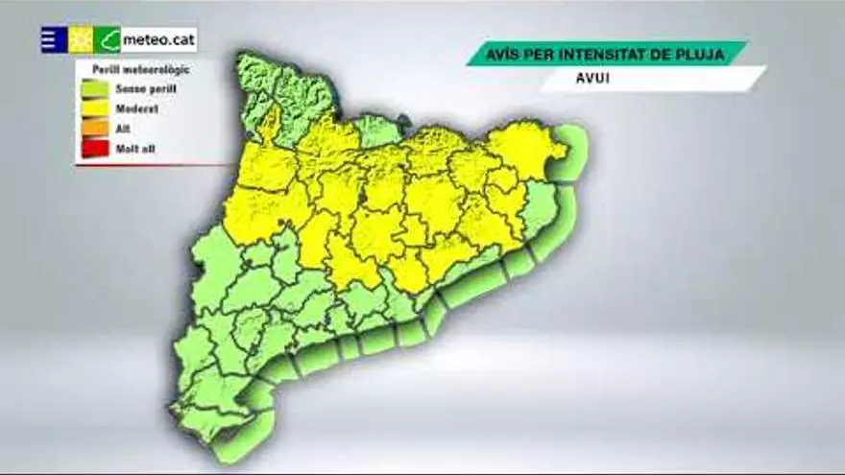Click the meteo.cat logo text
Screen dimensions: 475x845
click(x=158, y=41)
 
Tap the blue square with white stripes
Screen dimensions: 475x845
click(x=54, y=39)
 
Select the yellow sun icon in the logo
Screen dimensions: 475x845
click(x=81, y=39)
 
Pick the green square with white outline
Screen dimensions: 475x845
click(x=108, y=39)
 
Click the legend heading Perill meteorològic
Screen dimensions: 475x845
click(x=141, y=69)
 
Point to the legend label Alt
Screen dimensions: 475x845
click(x=122, y=129)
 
